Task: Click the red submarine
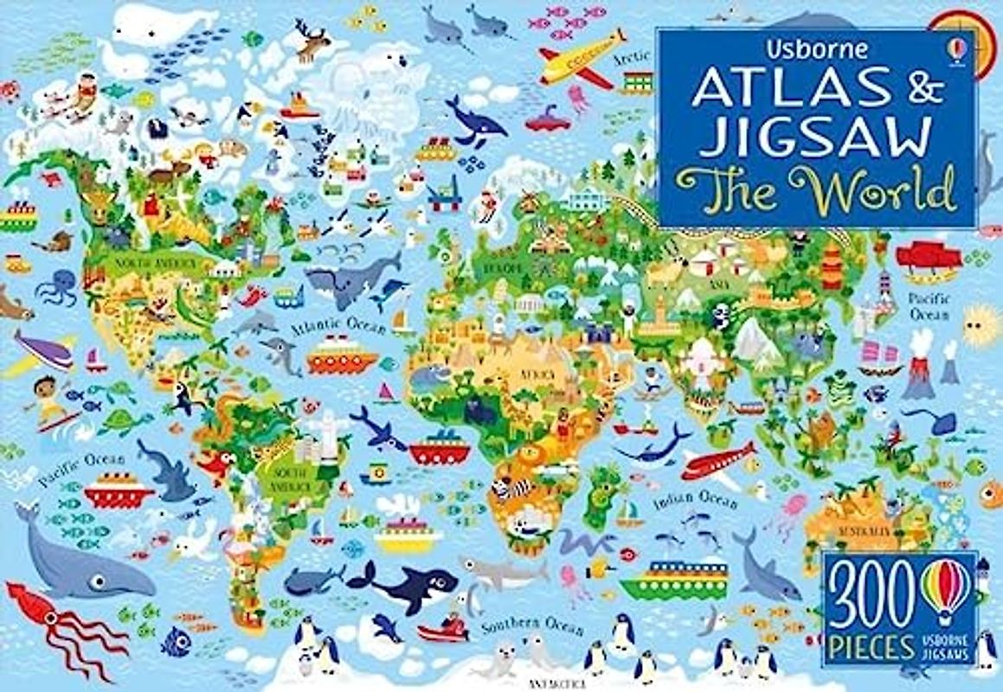tap(548, 120)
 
